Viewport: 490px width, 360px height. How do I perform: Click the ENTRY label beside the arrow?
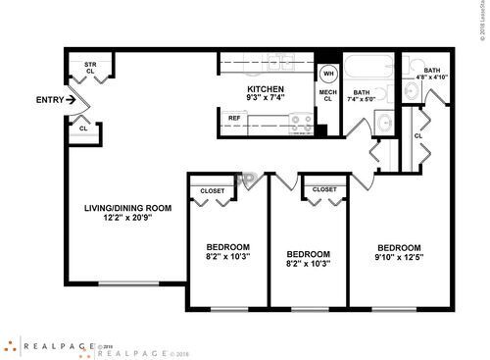coord(48,99)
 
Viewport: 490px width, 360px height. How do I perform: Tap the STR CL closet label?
coord(90,68)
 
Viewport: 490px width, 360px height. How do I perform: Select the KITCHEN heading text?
coord(265,89)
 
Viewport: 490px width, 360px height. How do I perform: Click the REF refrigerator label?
coord(235,119)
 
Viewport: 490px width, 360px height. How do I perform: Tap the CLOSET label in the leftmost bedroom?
coord(212,190)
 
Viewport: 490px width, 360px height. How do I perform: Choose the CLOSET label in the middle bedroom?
coord(325,189)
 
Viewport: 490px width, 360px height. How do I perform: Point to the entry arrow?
coord(71,99)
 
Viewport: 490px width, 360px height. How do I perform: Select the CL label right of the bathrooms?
coord(418,135)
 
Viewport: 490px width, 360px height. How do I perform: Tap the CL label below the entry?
coord(83,128)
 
